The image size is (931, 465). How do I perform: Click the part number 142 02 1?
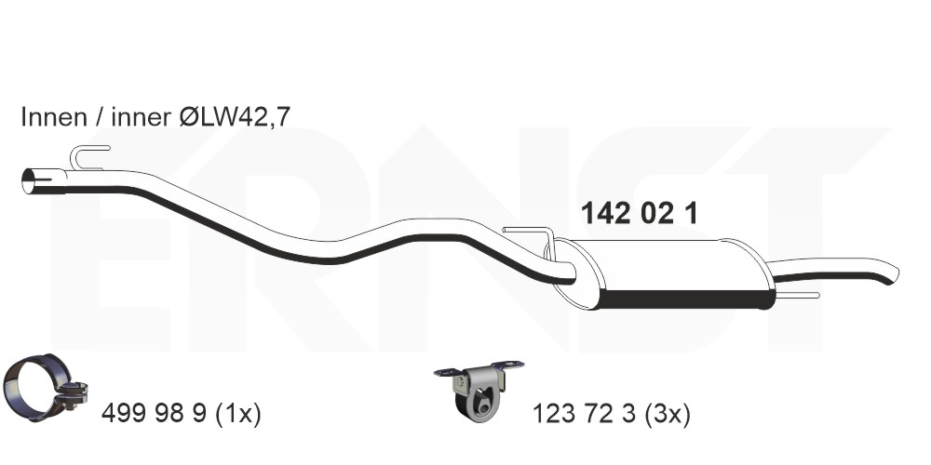tap(639, 213)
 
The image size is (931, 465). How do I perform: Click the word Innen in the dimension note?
tap(54, 117)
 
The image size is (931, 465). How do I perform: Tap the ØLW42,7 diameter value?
tap(235, 117)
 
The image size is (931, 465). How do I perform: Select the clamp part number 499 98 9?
tap(154, 413)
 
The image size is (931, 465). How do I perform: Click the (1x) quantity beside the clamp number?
tap(236, 414)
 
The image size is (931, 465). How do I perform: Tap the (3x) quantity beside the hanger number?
tap(667, 414)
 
